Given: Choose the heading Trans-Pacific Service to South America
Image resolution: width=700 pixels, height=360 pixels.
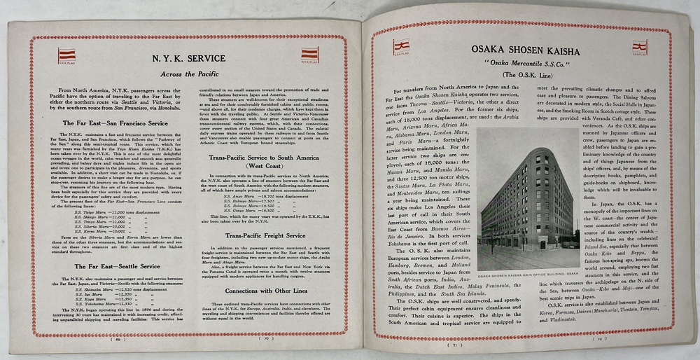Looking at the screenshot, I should tap(260, 158).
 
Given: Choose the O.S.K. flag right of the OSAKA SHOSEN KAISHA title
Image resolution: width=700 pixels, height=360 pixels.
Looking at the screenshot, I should tap(639, 48).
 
